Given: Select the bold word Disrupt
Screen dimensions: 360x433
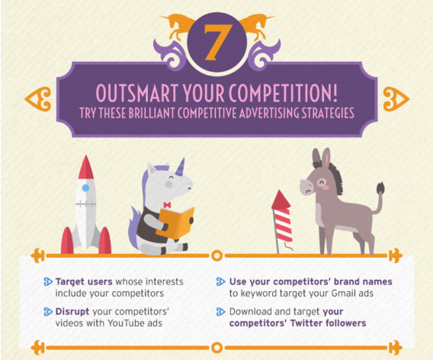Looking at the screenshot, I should pos(72,311).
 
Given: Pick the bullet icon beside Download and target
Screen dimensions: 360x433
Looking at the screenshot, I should pos(220,311).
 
